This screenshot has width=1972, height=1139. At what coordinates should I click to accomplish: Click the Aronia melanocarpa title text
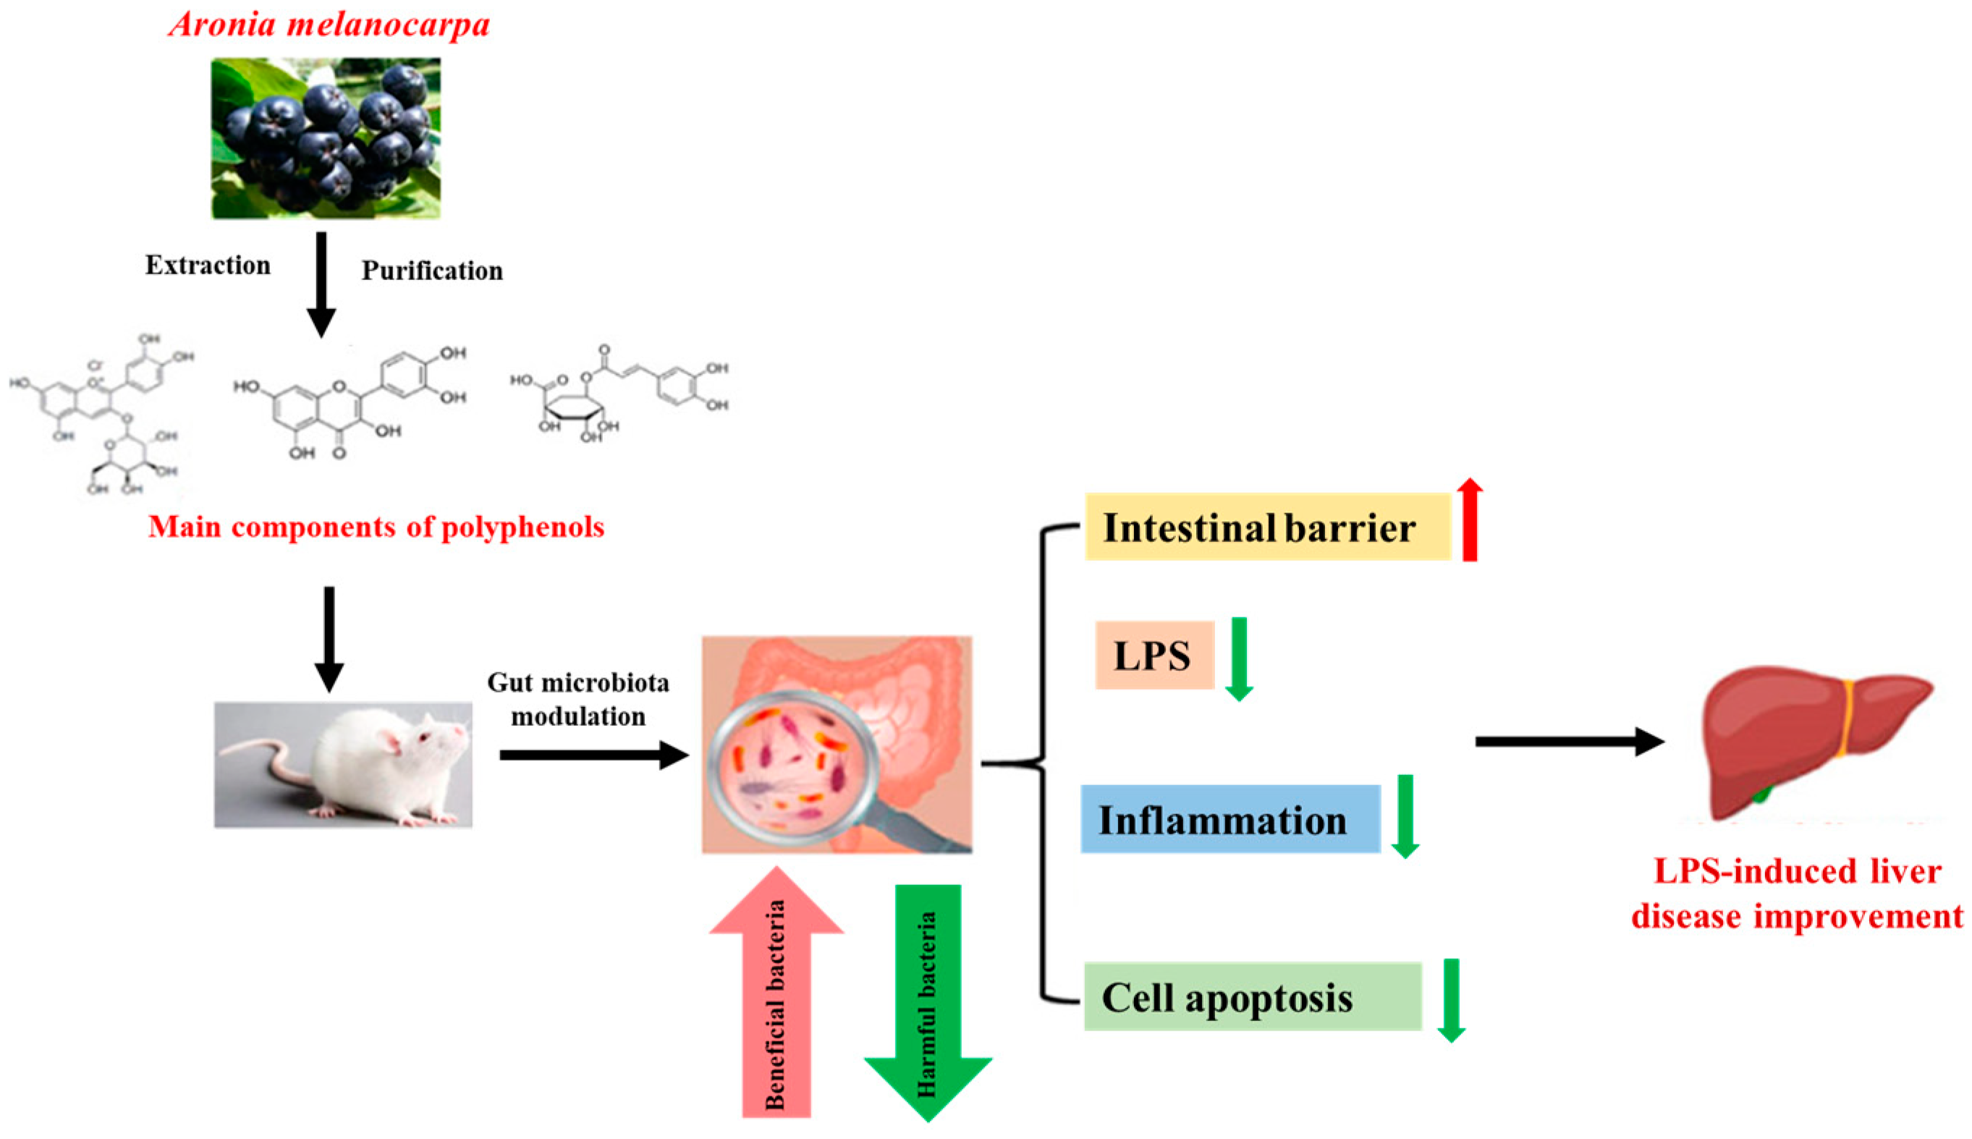pyautogui.click(x=329, y=25)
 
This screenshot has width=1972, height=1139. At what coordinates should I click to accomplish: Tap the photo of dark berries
pyautogui.click(x=326, y=137)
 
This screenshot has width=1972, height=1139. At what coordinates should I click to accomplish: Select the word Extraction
pyautogui.click(x=207, y=265)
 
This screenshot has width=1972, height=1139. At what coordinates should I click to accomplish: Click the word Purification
pyautogui.click(x=432, y=271)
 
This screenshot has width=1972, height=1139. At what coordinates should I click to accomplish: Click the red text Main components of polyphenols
pyautogui.click(x=376, y=527)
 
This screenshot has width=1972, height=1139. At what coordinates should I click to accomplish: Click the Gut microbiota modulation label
pyautogui.click(x=578, y=698)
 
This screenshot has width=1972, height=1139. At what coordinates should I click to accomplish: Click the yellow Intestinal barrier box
pyautogui.click(x=1266, y=528)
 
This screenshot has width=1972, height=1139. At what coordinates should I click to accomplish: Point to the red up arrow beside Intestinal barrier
pyautogui.click(x=1469, y=520)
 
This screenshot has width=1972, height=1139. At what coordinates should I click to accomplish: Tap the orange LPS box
pyautogui.click(x=1154, y=656)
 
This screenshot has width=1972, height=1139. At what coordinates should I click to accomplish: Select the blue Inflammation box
pyautogui.click(x=1229, y=820)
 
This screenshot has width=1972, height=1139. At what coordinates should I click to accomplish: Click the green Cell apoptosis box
pyautogui.click(x=1251, y=996)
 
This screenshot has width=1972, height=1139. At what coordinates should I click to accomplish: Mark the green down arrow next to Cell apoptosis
pyautogui.click(x=1451, y=1000)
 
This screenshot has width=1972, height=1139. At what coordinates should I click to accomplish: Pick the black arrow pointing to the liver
pyautogui.click(x=1567, y=741)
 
